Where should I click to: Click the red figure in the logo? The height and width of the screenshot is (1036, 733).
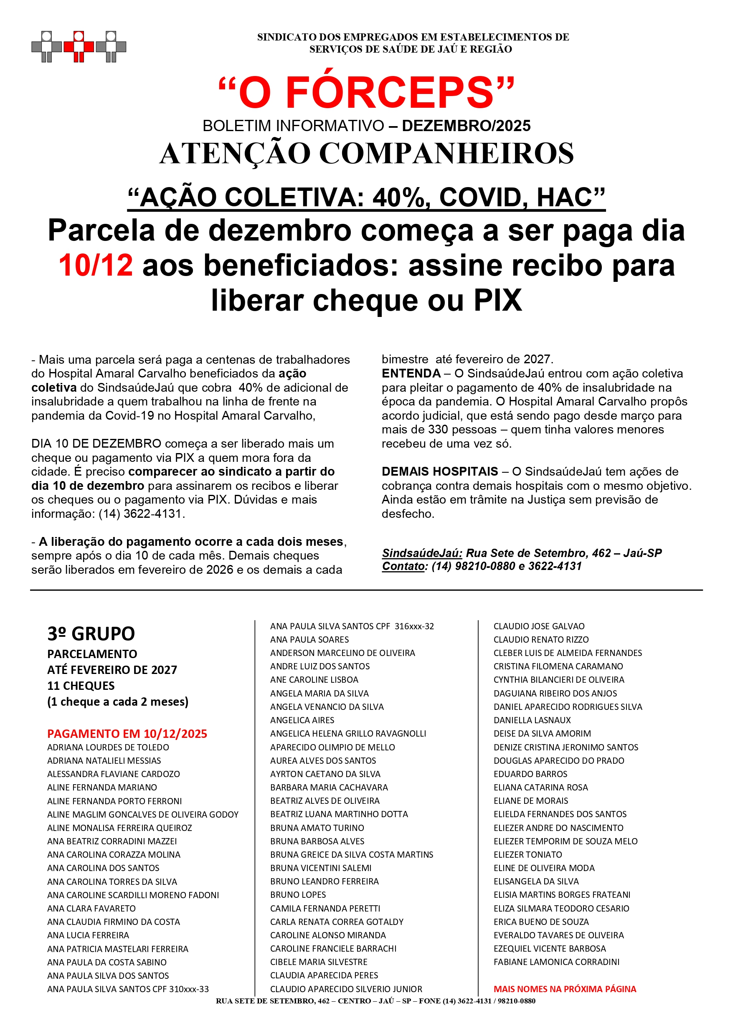point(79,46)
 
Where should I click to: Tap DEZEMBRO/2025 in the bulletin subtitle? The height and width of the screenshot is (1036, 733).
point(466,126)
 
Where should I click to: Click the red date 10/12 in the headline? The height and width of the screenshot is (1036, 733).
point(96,265)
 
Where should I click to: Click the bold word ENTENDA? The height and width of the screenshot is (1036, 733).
point(411,374)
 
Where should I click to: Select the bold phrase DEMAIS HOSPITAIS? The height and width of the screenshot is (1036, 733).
point(440,471)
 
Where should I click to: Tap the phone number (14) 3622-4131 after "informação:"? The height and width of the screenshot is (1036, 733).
point(141,514)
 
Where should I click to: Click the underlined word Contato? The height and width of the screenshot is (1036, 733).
point(403,566)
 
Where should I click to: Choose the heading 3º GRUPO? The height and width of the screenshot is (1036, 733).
point(91,634)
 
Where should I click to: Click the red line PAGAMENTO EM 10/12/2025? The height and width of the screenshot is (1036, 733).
point(127,734)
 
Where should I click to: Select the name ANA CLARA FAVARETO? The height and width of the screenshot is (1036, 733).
point(91,908)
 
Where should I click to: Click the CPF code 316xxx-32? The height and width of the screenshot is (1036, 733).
point(414,626)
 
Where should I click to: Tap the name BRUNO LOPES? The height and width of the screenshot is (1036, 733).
point(297,895)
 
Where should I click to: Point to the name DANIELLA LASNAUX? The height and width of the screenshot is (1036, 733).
point(532,720)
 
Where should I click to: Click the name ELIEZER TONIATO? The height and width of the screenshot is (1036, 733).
point(528,855)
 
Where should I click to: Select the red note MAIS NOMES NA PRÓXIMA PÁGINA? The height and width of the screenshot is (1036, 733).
point(565,989)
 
